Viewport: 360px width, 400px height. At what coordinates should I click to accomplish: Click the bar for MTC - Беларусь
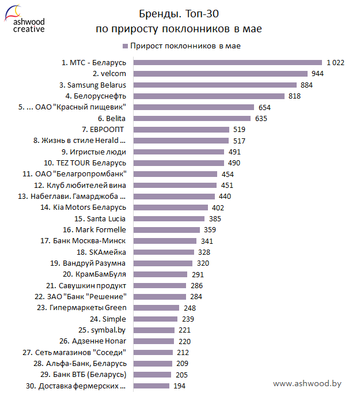(228, 62)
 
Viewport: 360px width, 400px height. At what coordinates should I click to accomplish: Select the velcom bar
(221, 74)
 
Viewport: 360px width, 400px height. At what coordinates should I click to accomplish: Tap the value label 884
(306, 85)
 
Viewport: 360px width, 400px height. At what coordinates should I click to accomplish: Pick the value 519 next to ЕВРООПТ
(240, 129)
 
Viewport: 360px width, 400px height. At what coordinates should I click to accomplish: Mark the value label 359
(210, 230)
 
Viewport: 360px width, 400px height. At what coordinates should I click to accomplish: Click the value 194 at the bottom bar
(180, 386)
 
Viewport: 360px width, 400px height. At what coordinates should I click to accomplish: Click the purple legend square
(124, 46)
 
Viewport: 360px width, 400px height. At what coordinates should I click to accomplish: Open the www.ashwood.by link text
(307, 383)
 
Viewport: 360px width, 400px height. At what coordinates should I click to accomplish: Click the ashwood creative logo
(24, 19)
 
